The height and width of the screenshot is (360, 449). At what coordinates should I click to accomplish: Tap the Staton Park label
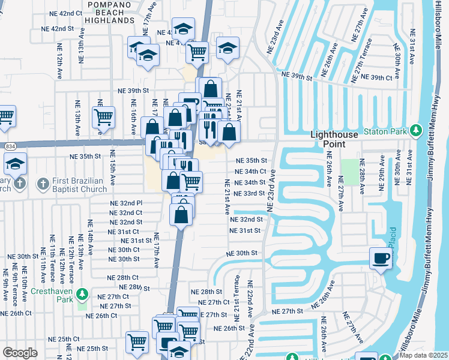click(385, 131)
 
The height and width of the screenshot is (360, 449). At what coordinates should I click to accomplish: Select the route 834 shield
click(10, 145)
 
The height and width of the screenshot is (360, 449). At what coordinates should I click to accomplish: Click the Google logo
click(20, 353)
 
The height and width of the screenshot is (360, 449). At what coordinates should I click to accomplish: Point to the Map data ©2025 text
click(423, 355)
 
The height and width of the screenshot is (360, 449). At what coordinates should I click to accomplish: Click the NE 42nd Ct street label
click(62, 13)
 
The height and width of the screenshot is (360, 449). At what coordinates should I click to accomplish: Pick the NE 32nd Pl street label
click(125, 203)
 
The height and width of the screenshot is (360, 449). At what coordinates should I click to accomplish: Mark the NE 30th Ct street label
click(124, 250)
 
